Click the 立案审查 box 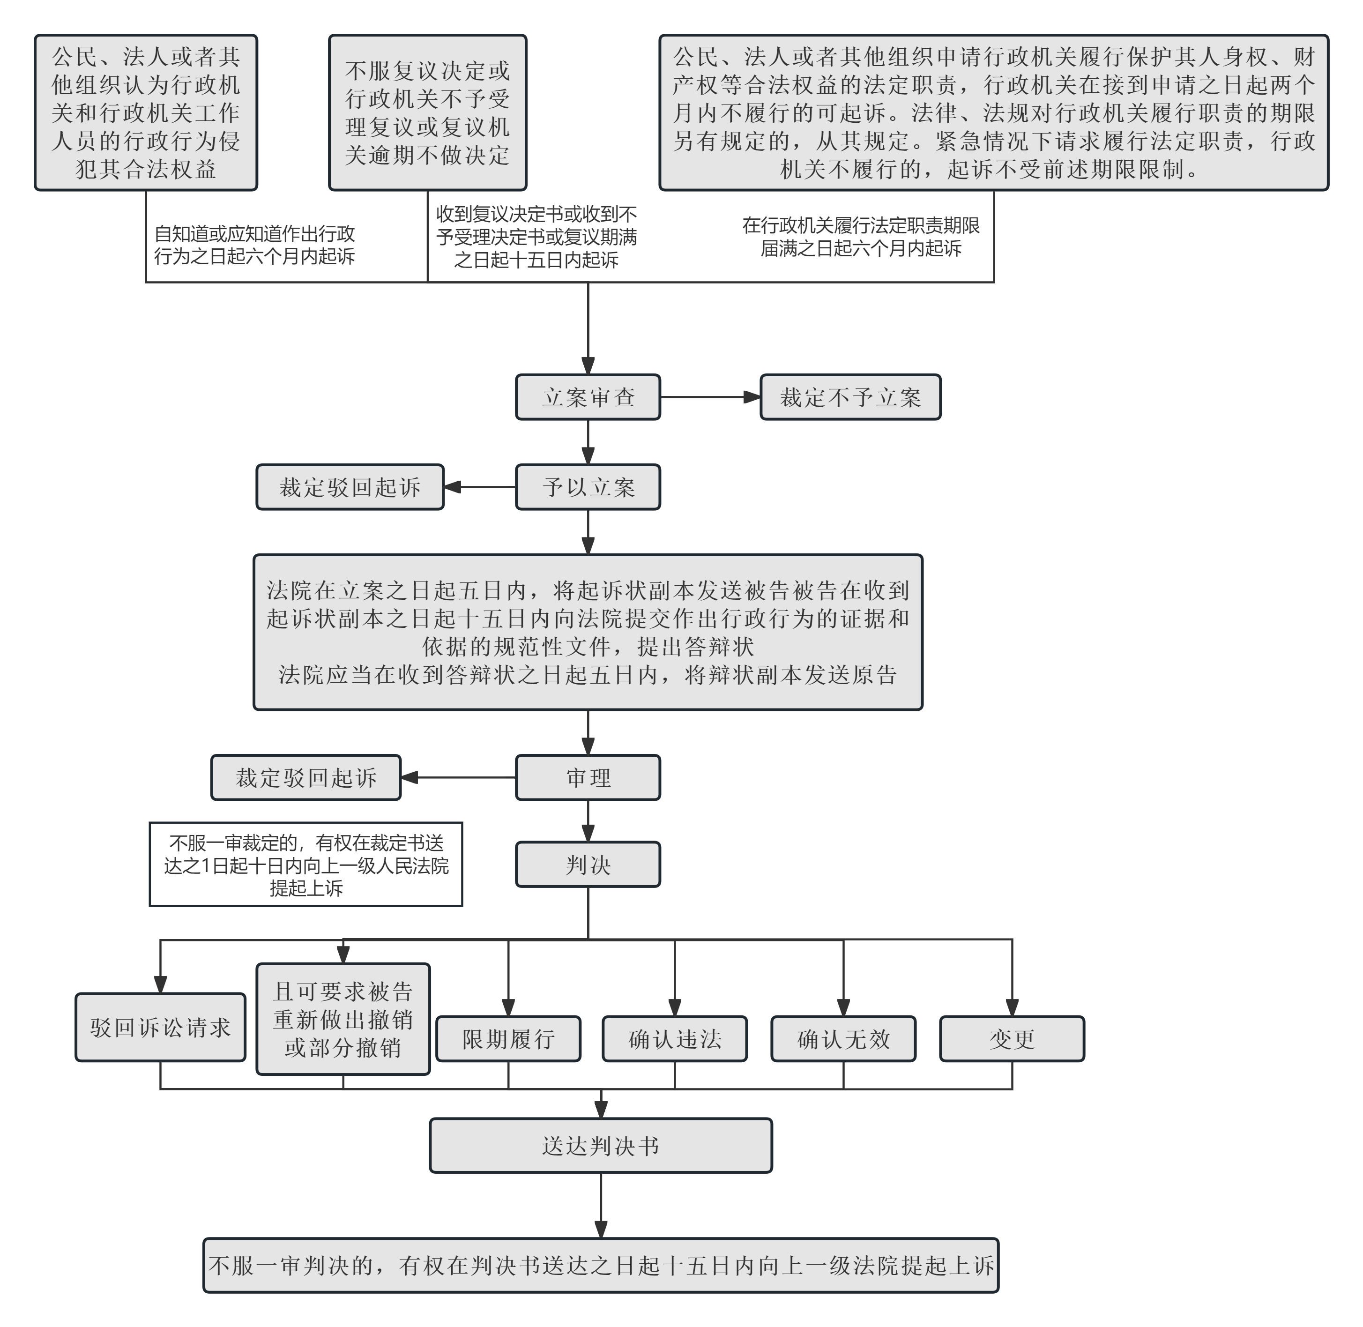588,397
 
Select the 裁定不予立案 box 850,397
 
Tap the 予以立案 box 588,487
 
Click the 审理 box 588,777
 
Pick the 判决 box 588,864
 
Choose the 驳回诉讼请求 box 160,1027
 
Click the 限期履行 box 508,1038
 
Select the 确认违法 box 675,1038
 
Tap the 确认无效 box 843,1038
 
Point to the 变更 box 1012,1038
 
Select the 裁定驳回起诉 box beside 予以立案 350,487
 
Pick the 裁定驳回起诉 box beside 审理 306,777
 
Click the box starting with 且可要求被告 343,1019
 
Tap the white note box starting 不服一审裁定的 306,864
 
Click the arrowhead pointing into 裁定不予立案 752,397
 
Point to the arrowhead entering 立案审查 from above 588,366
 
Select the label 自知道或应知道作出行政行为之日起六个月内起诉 254,245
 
